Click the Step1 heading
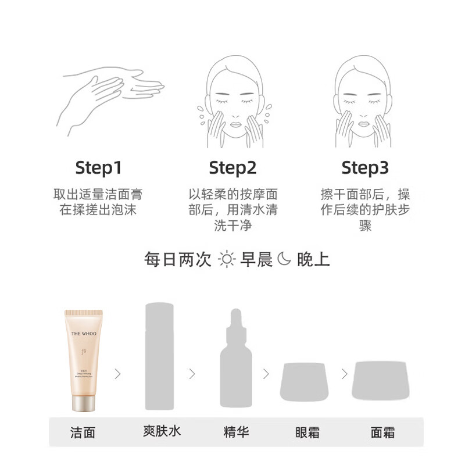tap(98, 168)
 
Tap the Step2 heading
tap(233, 168)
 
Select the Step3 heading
tap(364, 168)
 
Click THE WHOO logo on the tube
tap(84, 334)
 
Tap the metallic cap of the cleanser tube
tap(84, 402)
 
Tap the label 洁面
tap(83, 432)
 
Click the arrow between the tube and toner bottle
tap(118, 374)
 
